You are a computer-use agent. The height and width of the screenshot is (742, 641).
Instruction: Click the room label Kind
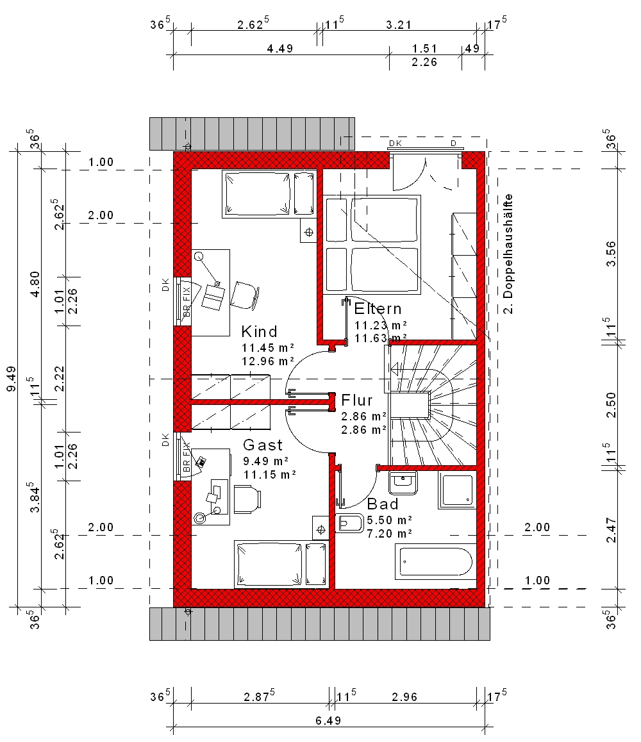pyautogui.click(x=259, y=331)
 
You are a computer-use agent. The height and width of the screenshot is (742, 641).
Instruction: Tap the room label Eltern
pyautogui.click(x=378, y=309)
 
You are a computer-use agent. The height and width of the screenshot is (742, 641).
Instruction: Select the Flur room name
pyautogui.click(x=357, y=400)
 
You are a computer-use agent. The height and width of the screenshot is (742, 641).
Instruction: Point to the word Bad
pyautogui.click(x=383, y=504)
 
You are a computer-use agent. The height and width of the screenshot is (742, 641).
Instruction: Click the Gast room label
pyautogui.click(x=263, y=445)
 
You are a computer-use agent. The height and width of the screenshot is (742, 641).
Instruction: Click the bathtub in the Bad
pyautogui.click(x=436, y=562)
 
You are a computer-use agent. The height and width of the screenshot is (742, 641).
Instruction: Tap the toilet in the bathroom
pyautogui.click(x=349, y=523)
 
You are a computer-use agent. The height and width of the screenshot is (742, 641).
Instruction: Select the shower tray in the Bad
pyautogui.click(x=457, y=490)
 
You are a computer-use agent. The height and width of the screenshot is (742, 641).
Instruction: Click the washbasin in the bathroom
pyautogui.click(x=403, y=483)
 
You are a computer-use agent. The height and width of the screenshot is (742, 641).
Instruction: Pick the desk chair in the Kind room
pyautogui.click(x=246, y=295)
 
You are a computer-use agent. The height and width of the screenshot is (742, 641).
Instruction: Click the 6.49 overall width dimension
pyautogui.click(x=329, y=720)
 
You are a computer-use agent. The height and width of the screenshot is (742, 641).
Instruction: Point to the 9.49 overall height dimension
pyautogui.click(x=12, y=379)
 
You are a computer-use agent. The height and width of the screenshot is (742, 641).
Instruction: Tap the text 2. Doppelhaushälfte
pyautogui.click(x=508, y=254)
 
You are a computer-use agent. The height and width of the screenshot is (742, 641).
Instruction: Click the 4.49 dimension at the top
pyautogui.click(x=280, y=48)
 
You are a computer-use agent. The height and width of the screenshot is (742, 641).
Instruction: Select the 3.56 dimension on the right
pyautogui.click(x=611, y=254)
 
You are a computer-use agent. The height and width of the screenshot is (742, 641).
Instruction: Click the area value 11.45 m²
pyautogui.click(x=268, y=348)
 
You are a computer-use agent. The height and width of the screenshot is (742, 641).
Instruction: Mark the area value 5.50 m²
pyautogui.click(x=389, y=520)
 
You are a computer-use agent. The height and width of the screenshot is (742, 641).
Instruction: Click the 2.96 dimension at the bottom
pyautogui.click(x=404, y=697)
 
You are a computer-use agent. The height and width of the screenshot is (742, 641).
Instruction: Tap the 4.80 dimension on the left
pyautogui.click(x=35, y=284)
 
